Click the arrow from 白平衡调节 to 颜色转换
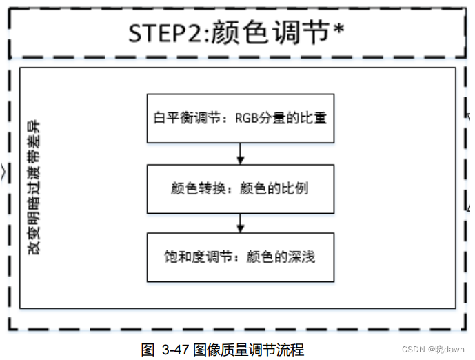(240, 153)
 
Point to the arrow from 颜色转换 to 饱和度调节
(240, 223)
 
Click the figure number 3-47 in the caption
(174, 349)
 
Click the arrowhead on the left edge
(4, 170)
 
